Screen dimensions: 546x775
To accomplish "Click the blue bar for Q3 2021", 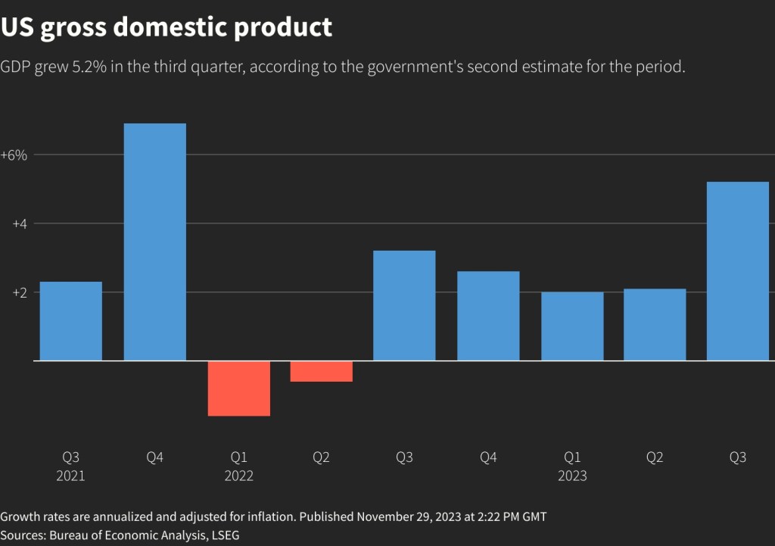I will coord(70,321).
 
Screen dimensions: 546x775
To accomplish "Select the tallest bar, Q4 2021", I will coord(154,242).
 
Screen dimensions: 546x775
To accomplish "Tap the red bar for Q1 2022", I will coord(238,388).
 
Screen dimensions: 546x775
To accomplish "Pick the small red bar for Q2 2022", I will coord(322,371).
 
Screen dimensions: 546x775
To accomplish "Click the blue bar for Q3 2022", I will coord(405,305).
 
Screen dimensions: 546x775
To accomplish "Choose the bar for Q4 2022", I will coord(488,316).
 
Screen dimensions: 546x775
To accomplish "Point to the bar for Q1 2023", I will coord(572,326).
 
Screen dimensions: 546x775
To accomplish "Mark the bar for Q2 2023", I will coord(655,324).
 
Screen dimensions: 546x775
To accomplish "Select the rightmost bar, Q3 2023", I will coord(738,271).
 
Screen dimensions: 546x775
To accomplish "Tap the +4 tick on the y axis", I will coord(19,223).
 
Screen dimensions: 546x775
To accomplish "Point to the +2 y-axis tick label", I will coord(19,292).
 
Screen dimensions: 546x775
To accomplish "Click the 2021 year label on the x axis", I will coord(70,476).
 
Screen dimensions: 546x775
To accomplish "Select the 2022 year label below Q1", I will coord(238,476).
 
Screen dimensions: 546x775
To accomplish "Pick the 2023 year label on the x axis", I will coord(572,476).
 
